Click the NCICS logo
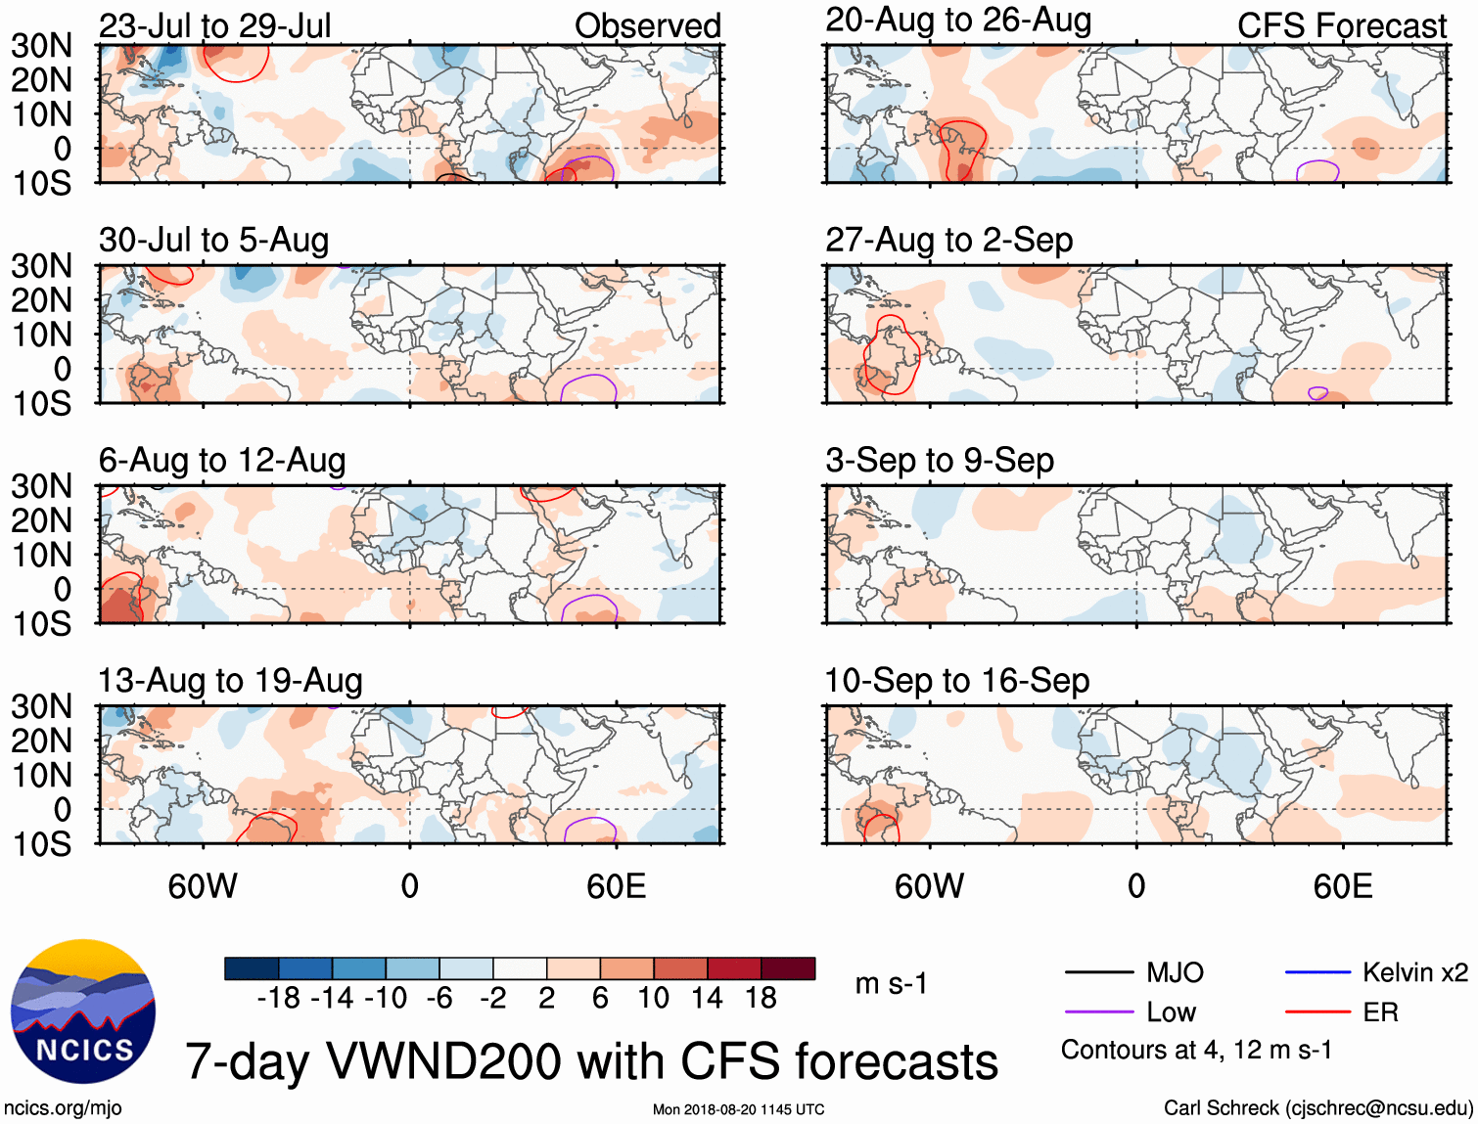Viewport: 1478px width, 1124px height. pos(83,1012)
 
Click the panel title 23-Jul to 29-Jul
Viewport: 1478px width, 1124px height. pos(215,26)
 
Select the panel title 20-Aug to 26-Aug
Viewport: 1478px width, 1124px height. pos(958,21)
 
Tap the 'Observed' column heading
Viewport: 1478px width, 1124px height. pos(647,26)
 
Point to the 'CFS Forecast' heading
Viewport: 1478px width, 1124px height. pos(1341,26)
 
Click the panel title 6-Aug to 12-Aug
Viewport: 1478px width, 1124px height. pos(222,461)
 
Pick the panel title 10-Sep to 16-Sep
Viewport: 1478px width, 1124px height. pos(956,681)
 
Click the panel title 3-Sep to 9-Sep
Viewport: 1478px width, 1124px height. pos(940,461)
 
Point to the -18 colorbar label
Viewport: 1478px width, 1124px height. pos(278,998)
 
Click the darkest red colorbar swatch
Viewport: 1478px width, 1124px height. pos(788,968)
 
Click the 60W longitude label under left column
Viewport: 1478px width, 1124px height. pos(203,886)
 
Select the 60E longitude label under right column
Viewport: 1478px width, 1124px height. pos(1342,886)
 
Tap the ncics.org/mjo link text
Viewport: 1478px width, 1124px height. pos(63,1108)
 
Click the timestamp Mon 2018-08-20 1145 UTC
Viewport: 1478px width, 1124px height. pos(738,1109)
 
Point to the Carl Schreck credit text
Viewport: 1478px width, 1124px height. pos(1317,1108)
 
